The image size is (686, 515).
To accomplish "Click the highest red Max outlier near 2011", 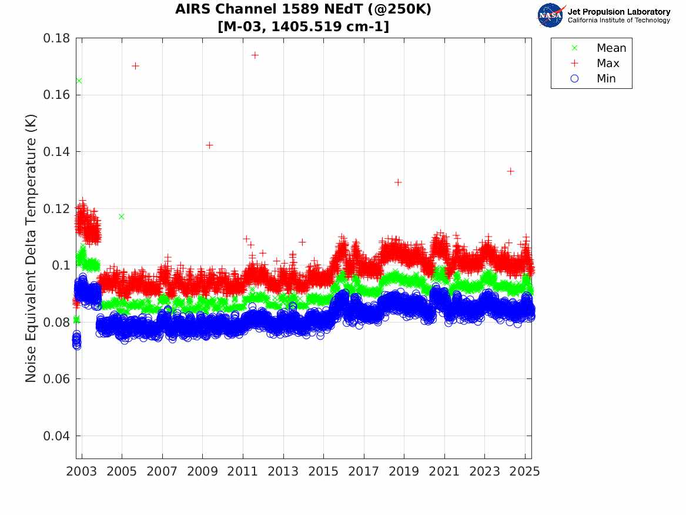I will (255, 55).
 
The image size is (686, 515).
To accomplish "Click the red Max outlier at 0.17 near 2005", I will (135, 66).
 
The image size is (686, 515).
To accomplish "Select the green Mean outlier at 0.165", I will (79, 81).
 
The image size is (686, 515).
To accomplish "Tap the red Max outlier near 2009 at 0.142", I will (209, 145).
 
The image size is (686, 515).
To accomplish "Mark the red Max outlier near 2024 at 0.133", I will (510, 171).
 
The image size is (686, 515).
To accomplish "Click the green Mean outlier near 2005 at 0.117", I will (121, 217).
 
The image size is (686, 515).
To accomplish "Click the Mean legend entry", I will (611, 48).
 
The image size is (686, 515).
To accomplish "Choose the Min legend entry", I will (606, 78).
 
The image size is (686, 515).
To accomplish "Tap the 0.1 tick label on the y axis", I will (61, 265).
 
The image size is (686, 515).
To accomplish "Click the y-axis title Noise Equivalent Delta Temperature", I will (31, 248).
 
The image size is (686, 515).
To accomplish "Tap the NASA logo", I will (551, 15).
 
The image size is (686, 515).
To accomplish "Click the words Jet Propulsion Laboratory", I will (618, 12).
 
